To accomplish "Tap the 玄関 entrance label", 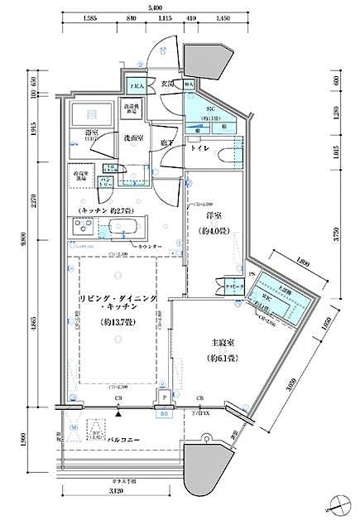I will [168, 83].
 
